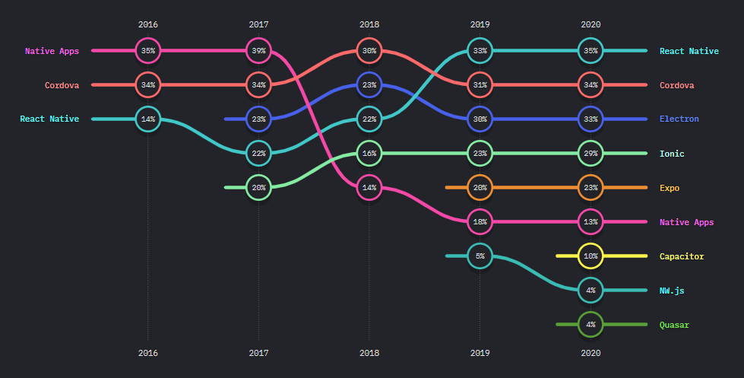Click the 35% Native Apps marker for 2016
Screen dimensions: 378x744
(148, 51)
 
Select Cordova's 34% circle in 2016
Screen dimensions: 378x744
(148, 85)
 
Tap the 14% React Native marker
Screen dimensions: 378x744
(148, 119)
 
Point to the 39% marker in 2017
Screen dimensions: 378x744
(258, 51)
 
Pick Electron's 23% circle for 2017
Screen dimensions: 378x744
(258, 119)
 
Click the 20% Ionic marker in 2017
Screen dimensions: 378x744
(258, 187)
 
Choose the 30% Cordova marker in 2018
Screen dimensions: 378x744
(369, 51)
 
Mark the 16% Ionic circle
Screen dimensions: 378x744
(369, 154)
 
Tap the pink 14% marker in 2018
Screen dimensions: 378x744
(369, 187)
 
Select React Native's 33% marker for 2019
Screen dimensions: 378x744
(480, 51)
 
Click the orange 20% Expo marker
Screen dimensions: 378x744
(480, 187)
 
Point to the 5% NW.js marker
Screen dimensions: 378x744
(480, 256)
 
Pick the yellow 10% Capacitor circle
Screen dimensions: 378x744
(590, 256)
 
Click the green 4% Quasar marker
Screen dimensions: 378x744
(590, 325)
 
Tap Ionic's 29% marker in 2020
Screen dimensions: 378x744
(590, 154)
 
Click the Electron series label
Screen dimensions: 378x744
(679, 119)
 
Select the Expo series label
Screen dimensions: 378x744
(670, 188)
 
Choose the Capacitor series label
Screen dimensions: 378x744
(682, 256)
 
